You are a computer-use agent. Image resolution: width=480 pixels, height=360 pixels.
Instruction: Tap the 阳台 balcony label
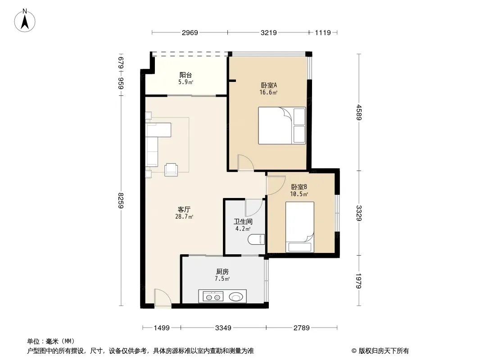[186, 75]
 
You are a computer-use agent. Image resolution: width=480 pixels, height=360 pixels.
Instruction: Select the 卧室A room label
[269, 85]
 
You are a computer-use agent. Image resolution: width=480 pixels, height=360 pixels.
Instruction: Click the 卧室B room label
[299, 187]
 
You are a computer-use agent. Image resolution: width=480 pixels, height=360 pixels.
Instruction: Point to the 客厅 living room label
[184, 210]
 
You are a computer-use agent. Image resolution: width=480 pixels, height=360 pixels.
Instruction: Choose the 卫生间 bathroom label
[243, 222]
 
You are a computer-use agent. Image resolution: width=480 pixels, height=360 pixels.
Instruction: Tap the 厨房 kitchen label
[222, 272]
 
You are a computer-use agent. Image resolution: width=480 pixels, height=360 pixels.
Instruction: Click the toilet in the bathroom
[256, 239]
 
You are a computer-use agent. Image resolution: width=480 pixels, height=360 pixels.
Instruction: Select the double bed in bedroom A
[282, 126]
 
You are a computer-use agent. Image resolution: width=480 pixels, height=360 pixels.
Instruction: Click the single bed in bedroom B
[300, 227]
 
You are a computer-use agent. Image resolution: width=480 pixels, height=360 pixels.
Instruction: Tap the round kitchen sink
[235, 297]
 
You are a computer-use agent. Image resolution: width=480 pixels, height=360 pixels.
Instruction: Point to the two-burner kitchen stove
[213, 297]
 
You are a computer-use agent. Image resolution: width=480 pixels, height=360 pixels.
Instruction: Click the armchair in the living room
[171, 170]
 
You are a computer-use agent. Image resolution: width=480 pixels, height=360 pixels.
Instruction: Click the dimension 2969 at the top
[190, 33]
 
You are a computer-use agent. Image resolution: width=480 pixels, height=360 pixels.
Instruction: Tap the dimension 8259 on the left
[121, 200]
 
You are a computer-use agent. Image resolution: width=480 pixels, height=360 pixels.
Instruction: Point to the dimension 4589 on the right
[359, 112]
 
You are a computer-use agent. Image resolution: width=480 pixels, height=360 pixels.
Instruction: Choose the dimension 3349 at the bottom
[223, 328]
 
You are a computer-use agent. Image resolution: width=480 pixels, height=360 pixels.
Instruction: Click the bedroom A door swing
[245, 162]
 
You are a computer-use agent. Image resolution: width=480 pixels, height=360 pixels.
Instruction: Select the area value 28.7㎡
[184, 217]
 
